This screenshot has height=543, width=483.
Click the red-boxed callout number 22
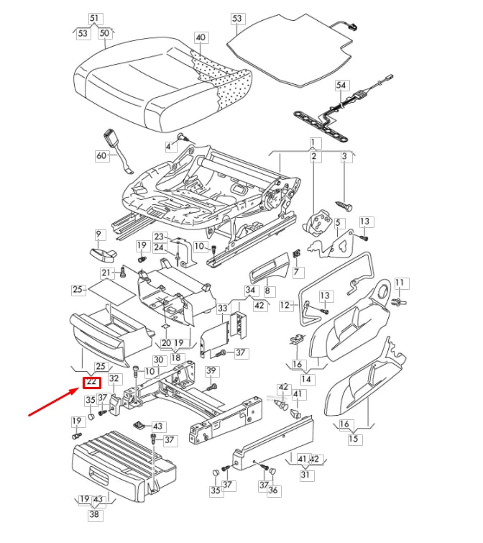point(92,383)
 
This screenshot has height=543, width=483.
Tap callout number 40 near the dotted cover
point(201,37)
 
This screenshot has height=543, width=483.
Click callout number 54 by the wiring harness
point(341,85)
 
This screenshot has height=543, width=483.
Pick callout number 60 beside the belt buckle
point(101,155)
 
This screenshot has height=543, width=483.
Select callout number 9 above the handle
point(99,234)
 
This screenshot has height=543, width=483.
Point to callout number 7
point(298,272)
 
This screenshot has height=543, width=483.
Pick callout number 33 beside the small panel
point(222,308)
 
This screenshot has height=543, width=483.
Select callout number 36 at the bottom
point(272,491)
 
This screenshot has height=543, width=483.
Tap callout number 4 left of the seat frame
point(169,147)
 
